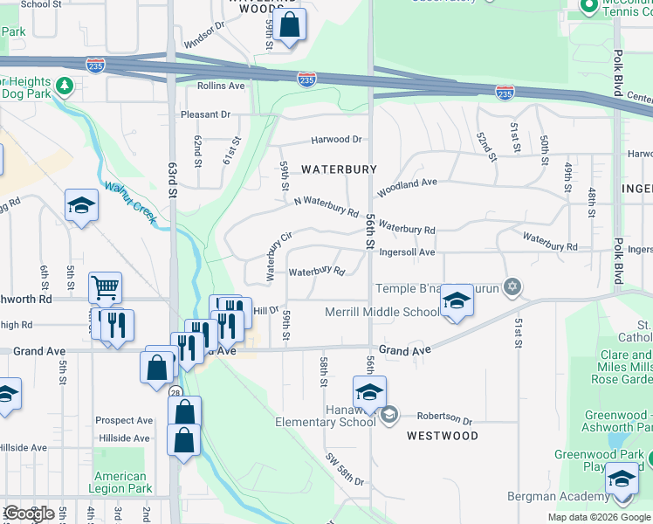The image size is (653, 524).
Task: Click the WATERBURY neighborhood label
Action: (x=339, y=169)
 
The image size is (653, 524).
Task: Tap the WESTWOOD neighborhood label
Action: (x=442, y=436)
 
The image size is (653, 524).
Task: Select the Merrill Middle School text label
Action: (x=382, y=312)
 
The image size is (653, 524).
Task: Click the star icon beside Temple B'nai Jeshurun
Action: (x=513, y=286)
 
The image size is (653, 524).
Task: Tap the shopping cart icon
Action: (x=105, y=286)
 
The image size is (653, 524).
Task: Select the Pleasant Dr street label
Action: (x=205, y=114)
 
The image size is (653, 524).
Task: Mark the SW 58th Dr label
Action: (x=346, y=469)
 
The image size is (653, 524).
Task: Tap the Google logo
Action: (x=30, y=514)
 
